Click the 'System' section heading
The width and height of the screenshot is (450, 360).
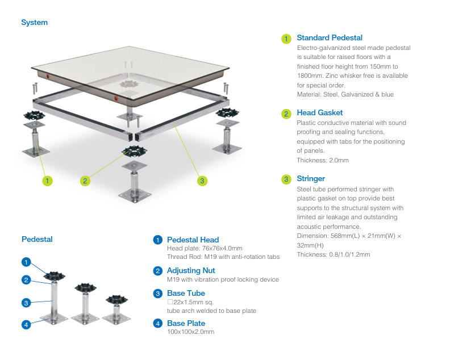[34, 23]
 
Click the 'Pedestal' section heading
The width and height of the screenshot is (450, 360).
[37, 239]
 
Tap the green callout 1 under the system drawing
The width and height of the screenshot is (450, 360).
[47, 181]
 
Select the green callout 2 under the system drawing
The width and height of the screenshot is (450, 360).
[85, 181]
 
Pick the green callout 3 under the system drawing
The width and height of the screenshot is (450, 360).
[202, 181]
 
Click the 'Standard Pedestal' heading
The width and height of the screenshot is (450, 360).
[329, 38]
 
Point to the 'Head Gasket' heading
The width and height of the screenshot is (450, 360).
[319, 113]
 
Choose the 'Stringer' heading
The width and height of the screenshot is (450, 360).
[311, 179]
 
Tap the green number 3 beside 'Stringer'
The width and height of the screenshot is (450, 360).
[286, 179]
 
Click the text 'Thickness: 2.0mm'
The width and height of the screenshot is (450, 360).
[322, 160]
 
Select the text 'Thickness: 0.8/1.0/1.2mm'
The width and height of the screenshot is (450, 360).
[333, 254]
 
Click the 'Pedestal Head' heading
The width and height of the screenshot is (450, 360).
[193, 240]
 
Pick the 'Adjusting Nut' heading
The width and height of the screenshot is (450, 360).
[191, 270]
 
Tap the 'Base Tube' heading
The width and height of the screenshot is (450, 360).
[186, 293]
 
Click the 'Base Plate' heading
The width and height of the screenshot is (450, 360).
[186, 323]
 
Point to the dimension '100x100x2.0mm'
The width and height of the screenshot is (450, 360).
[190, 332]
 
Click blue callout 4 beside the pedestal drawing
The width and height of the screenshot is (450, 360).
[26, 325]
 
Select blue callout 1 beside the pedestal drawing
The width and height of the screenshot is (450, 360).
[26, 262]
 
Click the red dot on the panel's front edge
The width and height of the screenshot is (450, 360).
[116, 98]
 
